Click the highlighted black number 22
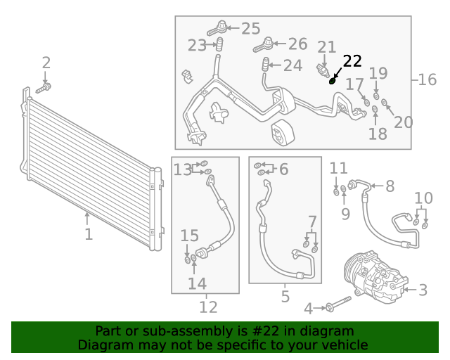click(x=352, y=61)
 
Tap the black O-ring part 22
click(x=332, y=82)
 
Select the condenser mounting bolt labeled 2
click(x=44, y=88)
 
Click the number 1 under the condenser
click(x=89, y=234)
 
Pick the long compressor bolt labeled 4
click(x=339, y=304)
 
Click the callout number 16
click(x=427, y=79)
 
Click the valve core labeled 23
click(x=220, y=44)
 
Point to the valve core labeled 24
click(x=266, y=65)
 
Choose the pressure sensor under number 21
click(x=323, y=70)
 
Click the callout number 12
click(x=208, y=307)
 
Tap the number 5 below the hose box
click(x=285, y=297)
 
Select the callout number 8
click(x=390, y=186)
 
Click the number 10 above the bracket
click(x=423, y=198)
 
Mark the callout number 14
click(x=197, y=283)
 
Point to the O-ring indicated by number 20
click(x=385, y=102)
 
